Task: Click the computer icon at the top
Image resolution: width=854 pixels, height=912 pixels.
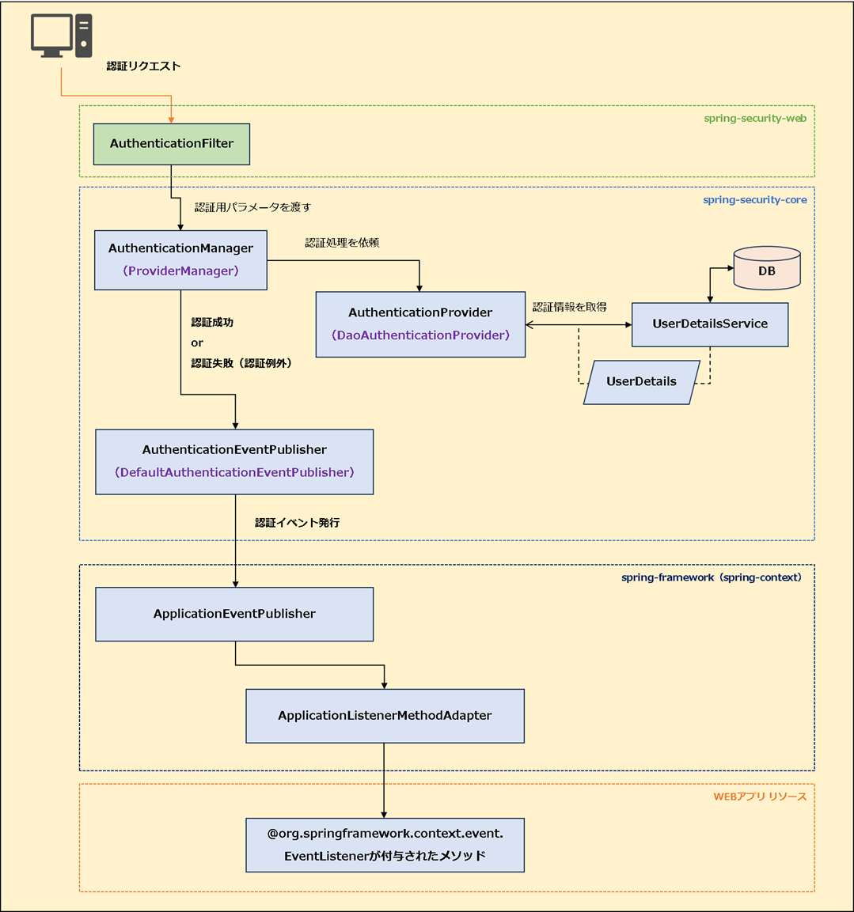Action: (x=61, y=36)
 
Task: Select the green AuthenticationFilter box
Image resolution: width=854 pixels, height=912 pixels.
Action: (x=172, y=144)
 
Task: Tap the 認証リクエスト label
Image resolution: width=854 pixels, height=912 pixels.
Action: (x=143, y=66)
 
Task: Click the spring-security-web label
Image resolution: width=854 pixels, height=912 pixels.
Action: (x=755, y=119)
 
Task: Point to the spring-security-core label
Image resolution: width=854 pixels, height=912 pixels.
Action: (x=754, y=200)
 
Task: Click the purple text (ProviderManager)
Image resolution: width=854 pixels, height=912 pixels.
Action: (x=180, y=271)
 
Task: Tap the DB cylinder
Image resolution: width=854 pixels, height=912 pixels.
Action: (x=766, y=270)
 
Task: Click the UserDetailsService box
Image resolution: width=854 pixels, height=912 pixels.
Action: (x=710, y=324)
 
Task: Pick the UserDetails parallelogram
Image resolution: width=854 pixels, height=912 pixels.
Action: (x=641, y=382)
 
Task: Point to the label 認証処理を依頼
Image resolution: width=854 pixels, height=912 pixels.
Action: (x=342, y=243)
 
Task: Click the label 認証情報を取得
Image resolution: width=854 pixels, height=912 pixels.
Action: (x=569, y=307)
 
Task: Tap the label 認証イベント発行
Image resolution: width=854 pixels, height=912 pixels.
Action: (x=297, y=523)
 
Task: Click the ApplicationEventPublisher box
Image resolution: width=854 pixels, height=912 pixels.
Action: (x=234, y=614)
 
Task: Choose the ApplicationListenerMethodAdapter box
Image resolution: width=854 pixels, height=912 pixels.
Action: (x=385, y=716)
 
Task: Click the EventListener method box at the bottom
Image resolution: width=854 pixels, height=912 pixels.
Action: (x=385, y=845)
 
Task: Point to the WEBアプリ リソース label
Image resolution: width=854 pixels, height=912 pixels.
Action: (x=760, y=797)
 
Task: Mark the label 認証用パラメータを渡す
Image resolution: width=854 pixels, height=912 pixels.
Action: (x=252, y=207)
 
